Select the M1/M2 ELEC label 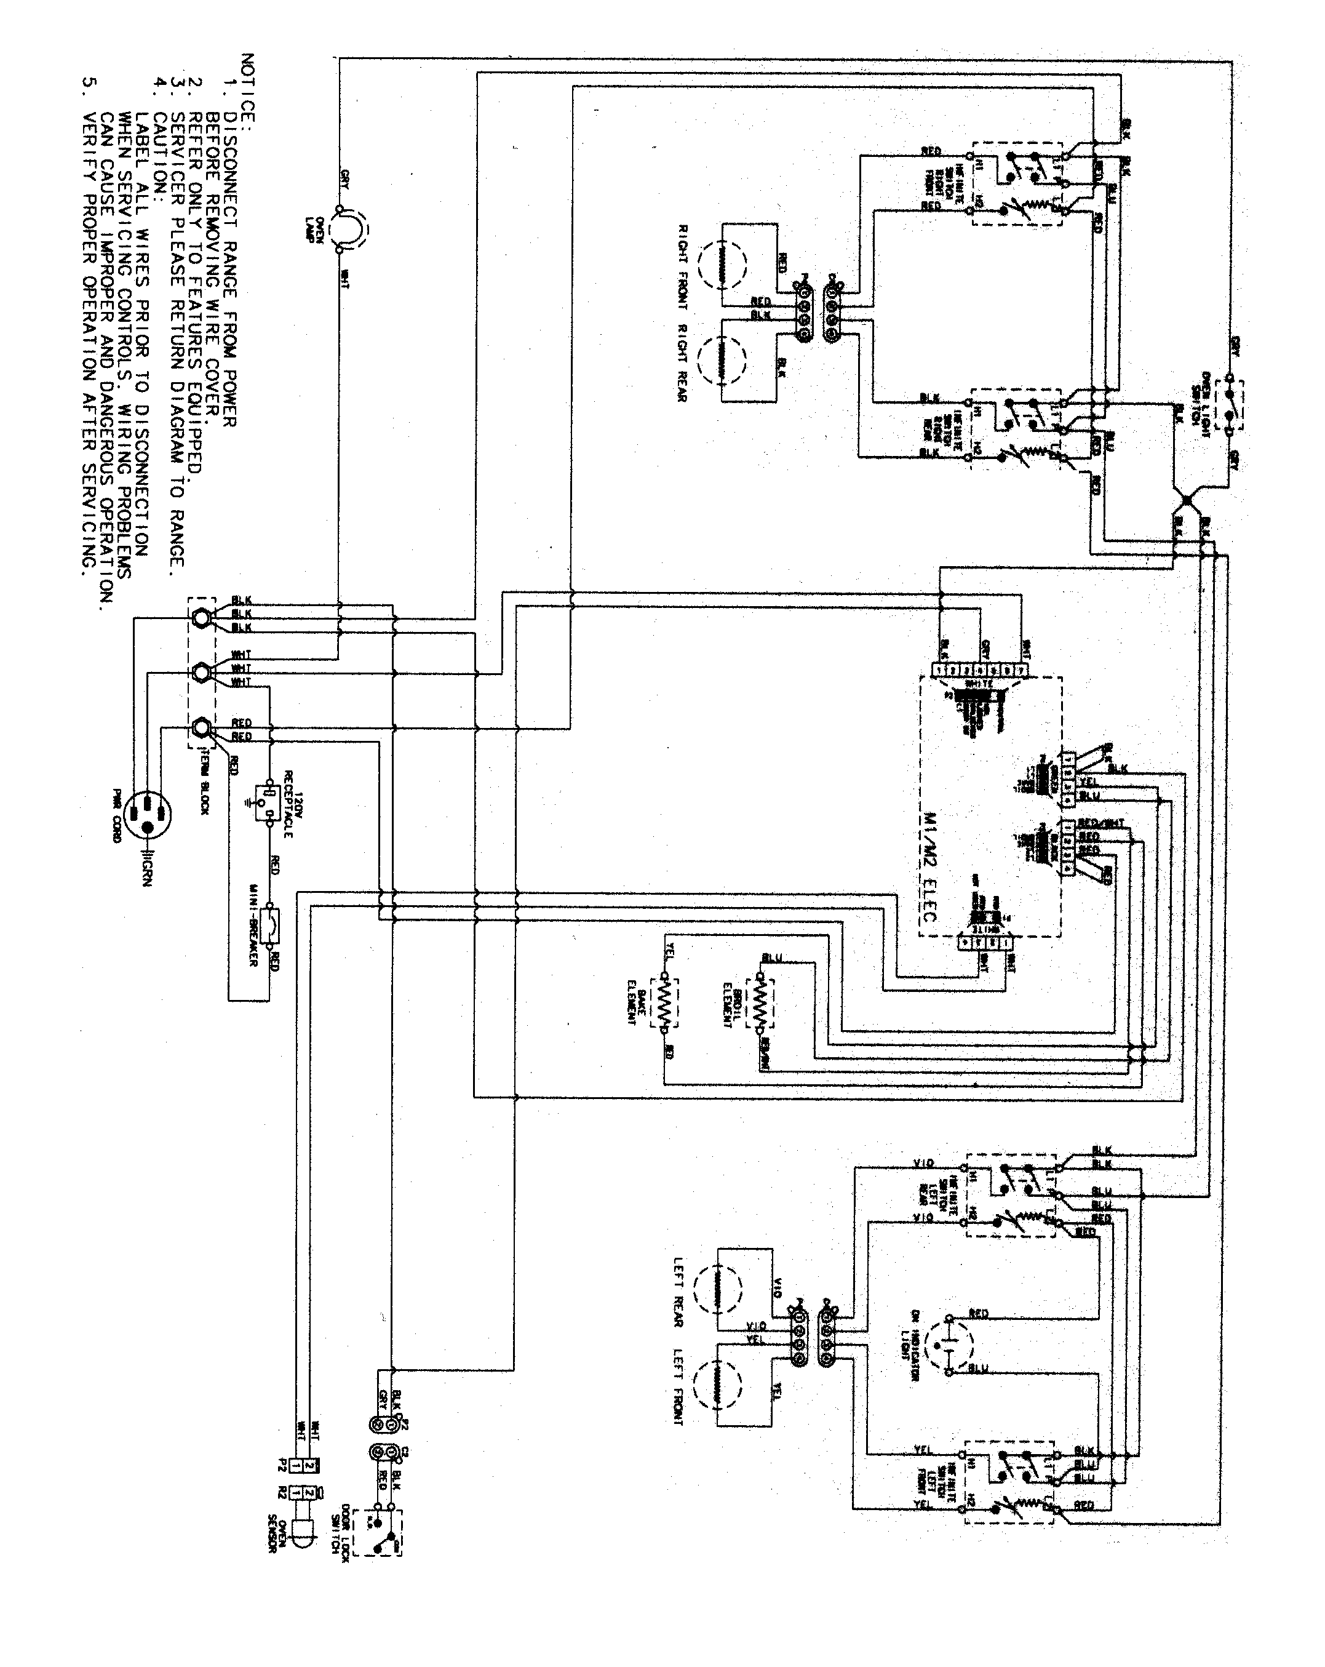pyautogui.click(x=928, y=866)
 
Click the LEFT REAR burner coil pyautogui.click(x=717, y=1288)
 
